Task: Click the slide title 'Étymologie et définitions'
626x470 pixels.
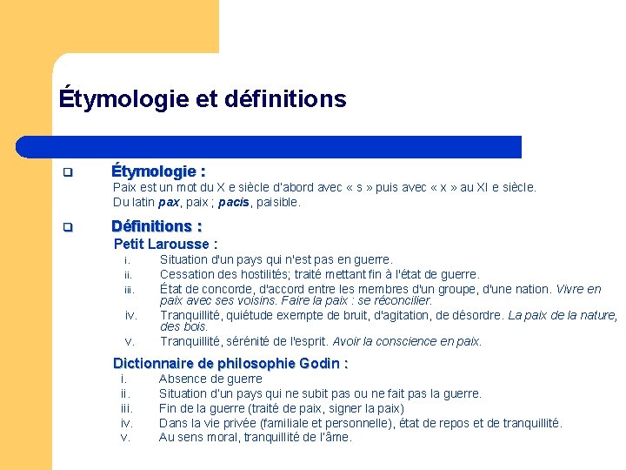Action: [x=202, y=99]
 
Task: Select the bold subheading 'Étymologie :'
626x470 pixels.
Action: [x=158, y=171]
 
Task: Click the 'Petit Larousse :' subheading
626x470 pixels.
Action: [x=165, y=245]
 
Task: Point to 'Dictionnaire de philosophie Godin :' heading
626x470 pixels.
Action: [x=230, y=364]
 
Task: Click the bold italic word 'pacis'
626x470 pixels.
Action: [x=233, y=203]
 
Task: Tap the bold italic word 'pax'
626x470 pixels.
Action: [x=170, y=203]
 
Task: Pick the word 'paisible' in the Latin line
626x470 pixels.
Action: [x=277, y=203]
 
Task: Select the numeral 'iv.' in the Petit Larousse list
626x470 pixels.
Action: [x=130, y=315]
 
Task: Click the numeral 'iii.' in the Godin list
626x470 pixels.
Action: [x=126, y=408]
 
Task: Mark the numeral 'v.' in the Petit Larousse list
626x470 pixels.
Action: [x=130, y=341]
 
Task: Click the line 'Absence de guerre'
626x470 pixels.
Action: [x=210, y=379]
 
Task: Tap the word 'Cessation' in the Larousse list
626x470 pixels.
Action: [x=187, y=274]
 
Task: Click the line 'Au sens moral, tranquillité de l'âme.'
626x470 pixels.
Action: [x=256, y=438]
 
